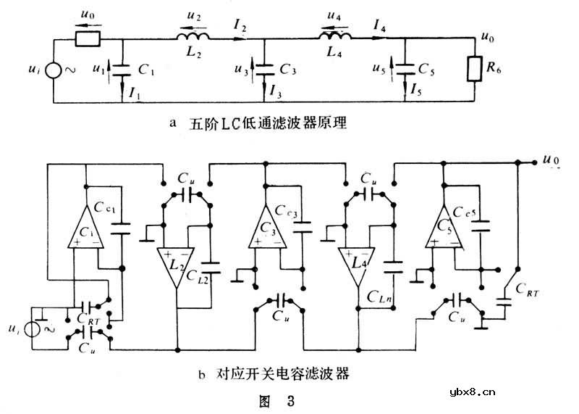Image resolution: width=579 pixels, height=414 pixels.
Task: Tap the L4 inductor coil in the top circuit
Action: tap(336, 36)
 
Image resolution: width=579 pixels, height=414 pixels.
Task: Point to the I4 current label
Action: tap(379, 27)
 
